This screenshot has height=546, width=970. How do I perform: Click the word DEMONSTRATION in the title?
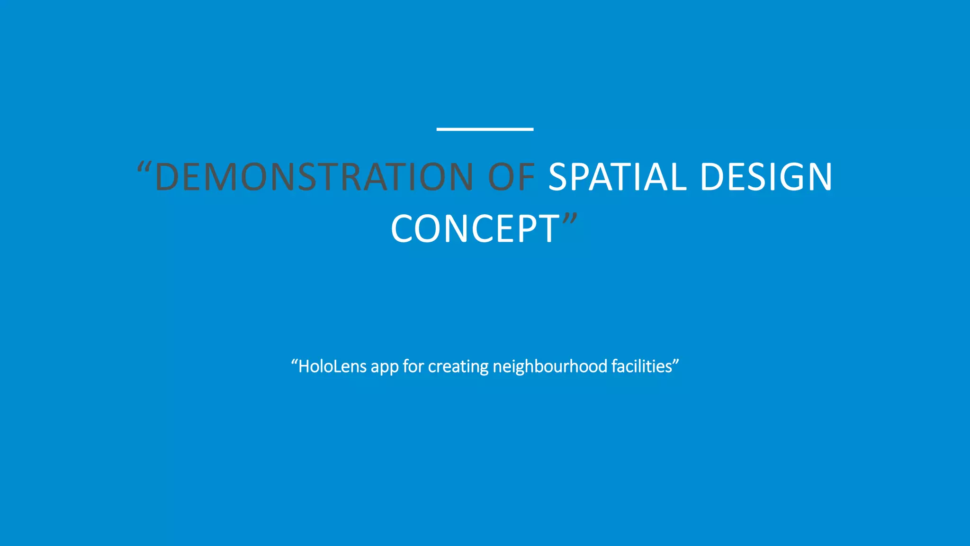(x=314, y=177)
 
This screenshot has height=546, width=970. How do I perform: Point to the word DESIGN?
(x=766, y=177)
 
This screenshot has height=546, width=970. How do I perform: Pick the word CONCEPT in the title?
(x=475, y=229)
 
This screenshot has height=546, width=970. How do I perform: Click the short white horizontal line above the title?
(x=485, y=129)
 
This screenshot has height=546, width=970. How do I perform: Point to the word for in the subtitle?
(x=413, y=366)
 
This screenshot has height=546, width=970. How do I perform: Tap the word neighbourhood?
(x=550, y=366)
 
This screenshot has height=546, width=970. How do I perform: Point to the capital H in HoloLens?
(x=304, y=366)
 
